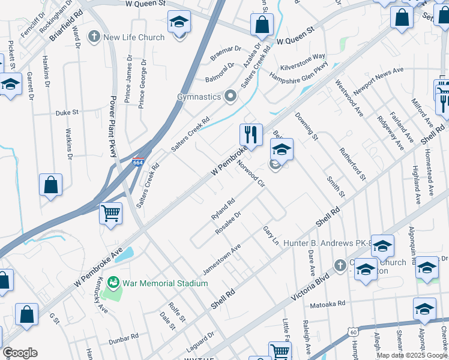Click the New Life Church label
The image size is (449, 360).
(x=133, y=37)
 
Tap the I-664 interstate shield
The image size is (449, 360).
(x=137, y=161)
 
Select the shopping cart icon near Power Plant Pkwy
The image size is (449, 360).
(x=111, y=214)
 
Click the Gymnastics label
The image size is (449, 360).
(x=199, y=96)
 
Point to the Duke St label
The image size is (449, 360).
(x=67, y=112)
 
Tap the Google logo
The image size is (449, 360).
(x=20, y=353)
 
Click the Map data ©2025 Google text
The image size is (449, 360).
(x=412, y=355)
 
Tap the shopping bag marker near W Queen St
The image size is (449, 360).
(x=262, y=26)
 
